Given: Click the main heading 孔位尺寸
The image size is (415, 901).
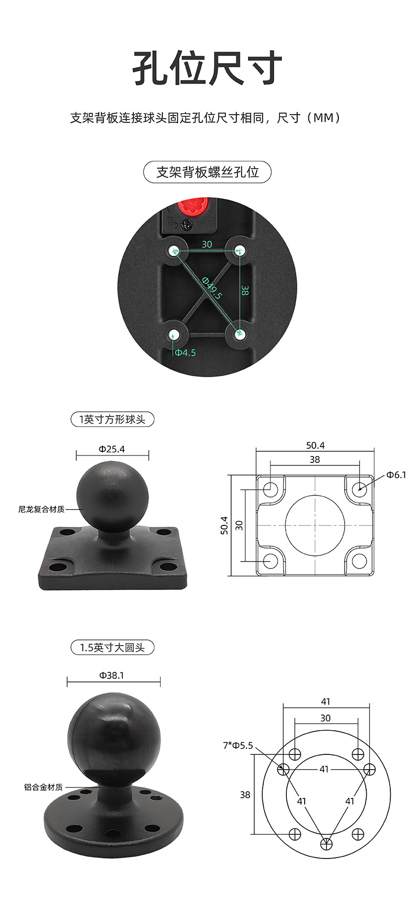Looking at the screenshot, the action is [x=207, y=68].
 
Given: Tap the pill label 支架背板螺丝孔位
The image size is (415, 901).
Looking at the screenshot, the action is [x=207, y=172].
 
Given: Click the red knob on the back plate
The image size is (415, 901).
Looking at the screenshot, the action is [x=193, y=205].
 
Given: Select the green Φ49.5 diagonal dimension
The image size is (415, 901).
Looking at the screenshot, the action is [x=212, y=287].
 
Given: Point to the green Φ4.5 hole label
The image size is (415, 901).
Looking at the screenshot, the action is [x=185, y=352].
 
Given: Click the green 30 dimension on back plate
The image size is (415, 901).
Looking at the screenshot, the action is [x=207, y=244].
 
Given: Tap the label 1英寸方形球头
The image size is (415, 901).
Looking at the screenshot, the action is [x=112, y=419].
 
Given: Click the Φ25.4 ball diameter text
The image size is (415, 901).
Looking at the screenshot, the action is [x=112, y=449].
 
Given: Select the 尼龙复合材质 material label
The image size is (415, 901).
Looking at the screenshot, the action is [x=41, y=509].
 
